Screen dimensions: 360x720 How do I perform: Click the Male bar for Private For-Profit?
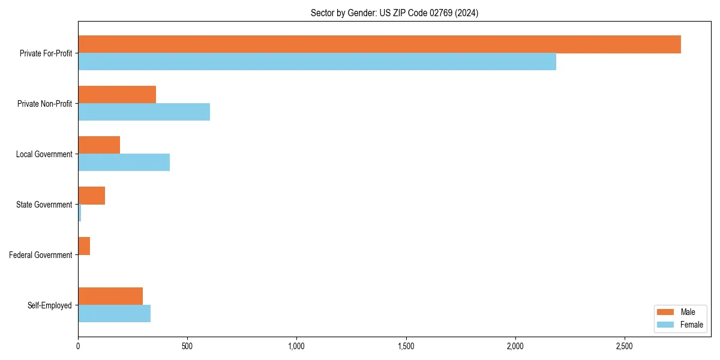point(379,44)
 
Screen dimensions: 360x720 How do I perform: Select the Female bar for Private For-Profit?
point(317,62)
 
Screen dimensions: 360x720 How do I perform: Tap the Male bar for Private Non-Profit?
point(117,95)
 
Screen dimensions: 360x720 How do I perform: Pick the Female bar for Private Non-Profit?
point(144,112)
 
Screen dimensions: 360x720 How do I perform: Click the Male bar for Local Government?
point(99,145)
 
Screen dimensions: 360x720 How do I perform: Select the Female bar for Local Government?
point(124,163)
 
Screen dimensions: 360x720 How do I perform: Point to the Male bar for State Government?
point(91,196)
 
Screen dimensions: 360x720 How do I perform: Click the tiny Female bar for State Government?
point(80,213)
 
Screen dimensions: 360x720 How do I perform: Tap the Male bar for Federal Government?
point(84,246)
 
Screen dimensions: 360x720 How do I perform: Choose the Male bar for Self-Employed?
point(110,296)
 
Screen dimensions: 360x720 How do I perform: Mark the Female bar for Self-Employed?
point(114,314)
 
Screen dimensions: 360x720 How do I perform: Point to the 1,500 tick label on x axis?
point(406,347)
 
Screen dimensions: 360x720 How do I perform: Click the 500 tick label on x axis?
point(187,347)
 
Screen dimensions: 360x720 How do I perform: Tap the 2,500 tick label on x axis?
point(625,347)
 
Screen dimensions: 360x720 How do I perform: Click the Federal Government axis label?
point(41,255)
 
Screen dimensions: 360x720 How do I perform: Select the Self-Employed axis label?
point(50,305)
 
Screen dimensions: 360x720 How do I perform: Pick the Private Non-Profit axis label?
point(44,104)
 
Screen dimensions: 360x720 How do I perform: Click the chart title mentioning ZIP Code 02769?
point(394,13)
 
